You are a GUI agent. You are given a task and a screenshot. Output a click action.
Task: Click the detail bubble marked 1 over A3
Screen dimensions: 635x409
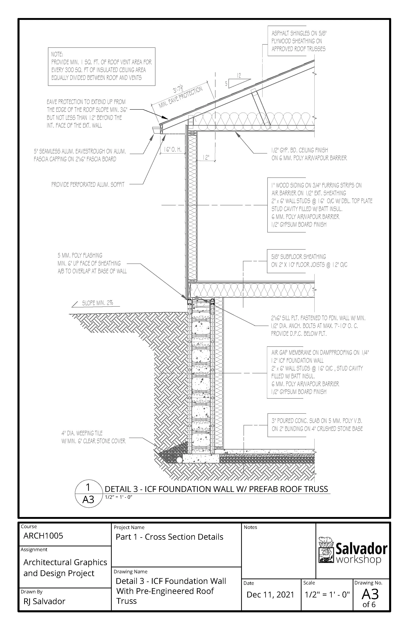pos(88,494)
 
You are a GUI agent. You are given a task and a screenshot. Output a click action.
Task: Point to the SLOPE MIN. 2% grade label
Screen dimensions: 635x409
pos(97,303)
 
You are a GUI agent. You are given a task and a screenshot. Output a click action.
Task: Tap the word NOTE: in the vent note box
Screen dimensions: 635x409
pos(57,54)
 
